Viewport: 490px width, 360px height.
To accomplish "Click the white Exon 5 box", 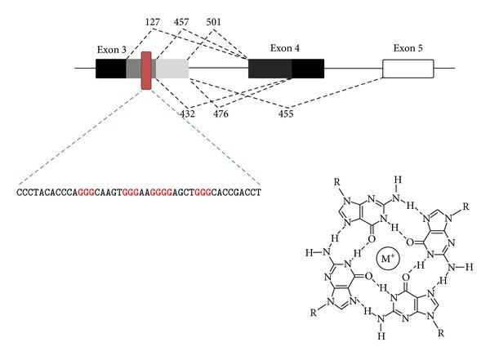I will (x=408, y=69).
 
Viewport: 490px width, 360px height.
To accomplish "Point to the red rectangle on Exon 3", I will (x=146, y=69).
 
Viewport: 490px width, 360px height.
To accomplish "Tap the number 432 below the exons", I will (x=186, y=112).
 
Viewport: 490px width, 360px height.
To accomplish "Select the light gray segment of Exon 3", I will (x=171, y=69).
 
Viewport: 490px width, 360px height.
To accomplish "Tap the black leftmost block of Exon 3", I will (x=110, y=69).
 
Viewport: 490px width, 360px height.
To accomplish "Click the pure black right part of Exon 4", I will (x=307, y=69).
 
